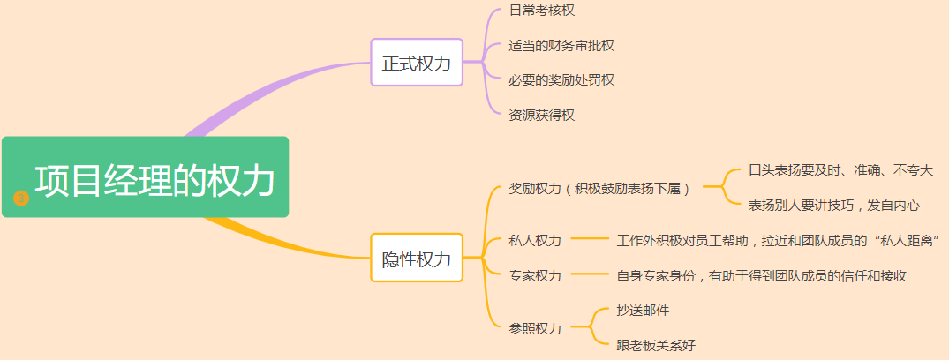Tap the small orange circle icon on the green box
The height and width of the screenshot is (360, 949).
(x=22, y=198)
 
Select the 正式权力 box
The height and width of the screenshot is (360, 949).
(x=417, y=63)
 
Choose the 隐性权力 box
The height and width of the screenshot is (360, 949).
(x=417, y=258)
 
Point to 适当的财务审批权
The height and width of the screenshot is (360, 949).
(x=561, y=45)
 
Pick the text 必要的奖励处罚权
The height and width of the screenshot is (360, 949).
(x=561, y=79)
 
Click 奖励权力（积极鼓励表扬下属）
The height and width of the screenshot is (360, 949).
(x=599, y=188)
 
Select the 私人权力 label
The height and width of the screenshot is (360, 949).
(x=535, y=240)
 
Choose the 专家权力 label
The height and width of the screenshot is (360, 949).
(x=535, y=275)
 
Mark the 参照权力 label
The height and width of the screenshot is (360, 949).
(x=535, y=328)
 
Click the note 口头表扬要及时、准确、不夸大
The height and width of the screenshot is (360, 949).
(x=840, y=169)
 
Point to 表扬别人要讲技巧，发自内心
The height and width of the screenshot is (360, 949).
(x=833, y=205)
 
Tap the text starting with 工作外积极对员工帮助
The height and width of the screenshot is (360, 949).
(x=777, y=240)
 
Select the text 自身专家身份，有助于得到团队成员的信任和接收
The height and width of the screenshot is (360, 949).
(x=761, y=275)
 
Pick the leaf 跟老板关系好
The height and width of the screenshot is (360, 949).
(x=656, y=345)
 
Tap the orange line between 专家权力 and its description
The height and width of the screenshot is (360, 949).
(x=590, y=275)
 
